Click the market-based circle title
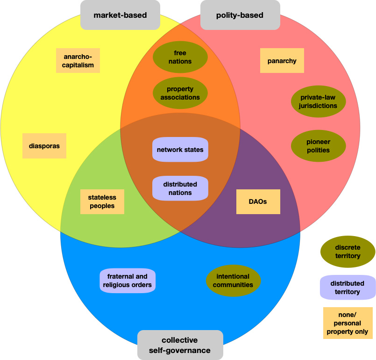pyautogui.click(x=120, y=15)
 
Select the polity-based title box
pyautogui.click(x=240, y=15)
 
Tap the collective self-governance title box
pyautogui.click(x=180, y=345)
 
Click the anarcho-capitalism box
pyautogui.click(x=78, y=61)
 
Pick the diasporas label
pyautogui.click(x=44, y=146)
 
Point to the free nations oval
pyautogui.click(x=180, y=57)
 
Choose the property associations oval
pyautogui.click(x=180, y=93)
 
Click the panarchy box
pyautogui.click(x=282, y=61)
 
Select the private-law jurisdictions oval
pyautogui.click(x=318, y=101)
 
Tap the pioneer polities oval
pyautogui.click(x=318, y=146)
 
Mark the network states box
pyautogui.click(x=180, y=150)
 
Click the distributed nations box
pyautogui.click(x=180, y=188)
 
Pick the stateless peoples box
pyautogui.click(x=102, y=202)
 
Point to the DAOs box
pyautogui.click(x=258, y=202)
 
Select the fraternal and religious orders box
pyautogui.click(x=127, y=281)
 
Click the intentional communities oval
pyautogui.click(x=233, y=281)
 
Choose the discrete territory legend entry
pyautogui.click(x=348, y=252)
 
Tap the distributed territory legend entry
pyautogui.click(x=348, y=287)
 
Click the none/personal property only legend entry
pyautogui.click(x=348, y=323)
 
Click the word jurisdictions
pyautogui.click(x=318, y=106)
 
